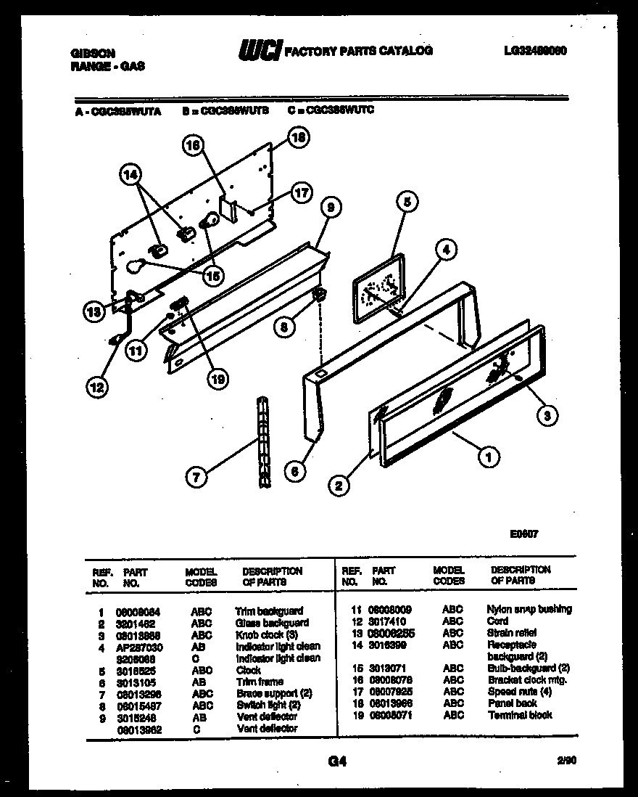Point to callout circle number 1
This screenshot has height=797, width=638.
tap(489, 457)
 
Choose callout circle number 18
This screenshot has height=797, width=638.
tap(298, 136)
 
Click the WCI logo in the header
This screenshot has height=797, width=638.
tap(259, 51)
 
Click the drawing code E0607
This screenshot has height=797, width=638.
tap(523, 534)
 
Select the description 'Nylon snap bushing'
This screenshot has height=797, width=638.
tap(529, 609)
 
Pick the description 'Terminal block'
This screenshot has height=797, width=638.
tap(520, 715)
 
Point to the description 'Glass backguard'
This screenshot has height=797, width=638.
tap(272, 623)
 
